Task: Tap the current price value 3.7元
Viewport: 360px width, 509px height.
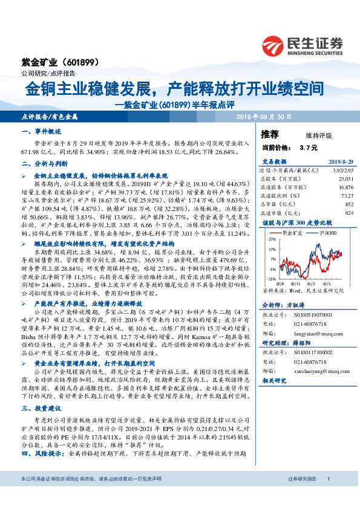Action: pyautogui.click(x=308, y=147)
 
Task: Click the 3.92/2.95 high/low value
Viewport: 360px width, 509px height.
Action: pyautogui.click(x=341, y=170)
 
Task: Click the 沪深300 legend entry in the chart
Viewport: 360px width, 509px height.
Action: pyautogui.click(x=322, y=232)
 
